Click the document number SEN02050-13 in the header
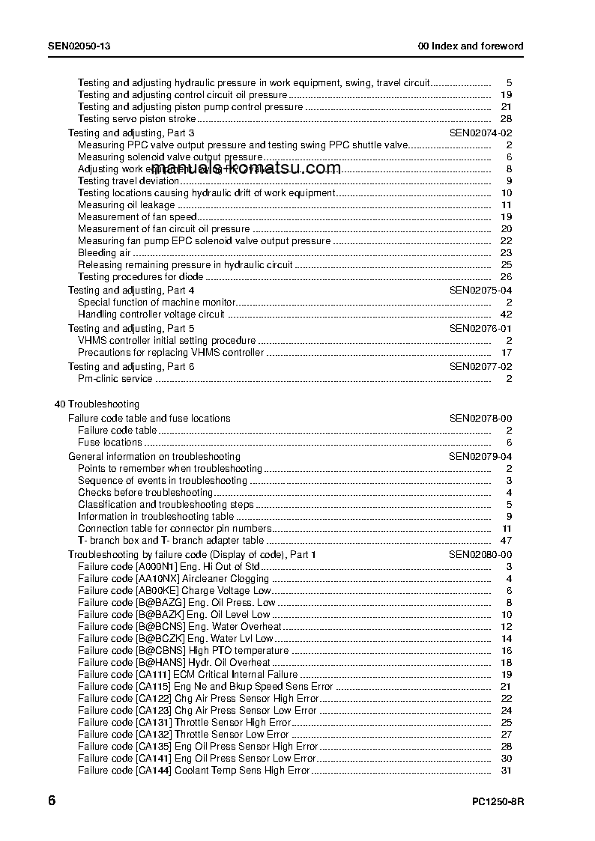coord(79,46)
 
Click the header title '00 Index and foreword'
coord(471,46)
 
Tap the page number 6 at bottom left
coord(52,801)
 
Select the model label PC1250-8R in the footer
coord(498,802)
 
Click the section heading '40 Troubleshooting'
coord(97,404)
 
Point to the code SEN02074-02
coord(480,133)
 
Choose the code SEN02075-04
coord(480,290)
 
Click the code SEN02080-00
coord(480,554)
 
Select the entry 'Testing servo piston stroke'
coord(137,118)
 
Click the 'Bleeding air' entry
coord(104,253)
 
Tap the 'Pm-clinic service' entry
coord(115,378)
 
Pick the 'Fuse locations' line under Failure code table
coord(110,442)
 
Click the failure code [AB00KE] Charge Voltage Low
coord(175,590)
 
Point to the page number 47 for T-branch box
coord(505,540)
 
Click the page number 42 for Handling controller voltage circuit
coord(505,314)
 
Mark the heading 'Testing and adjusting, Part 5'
coord(131,328)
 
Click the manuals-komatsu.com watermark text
coord(247,168)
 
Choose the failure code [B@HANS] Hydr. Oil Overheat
coord(174,662)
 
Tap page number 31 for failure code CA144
coord(506,770)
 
